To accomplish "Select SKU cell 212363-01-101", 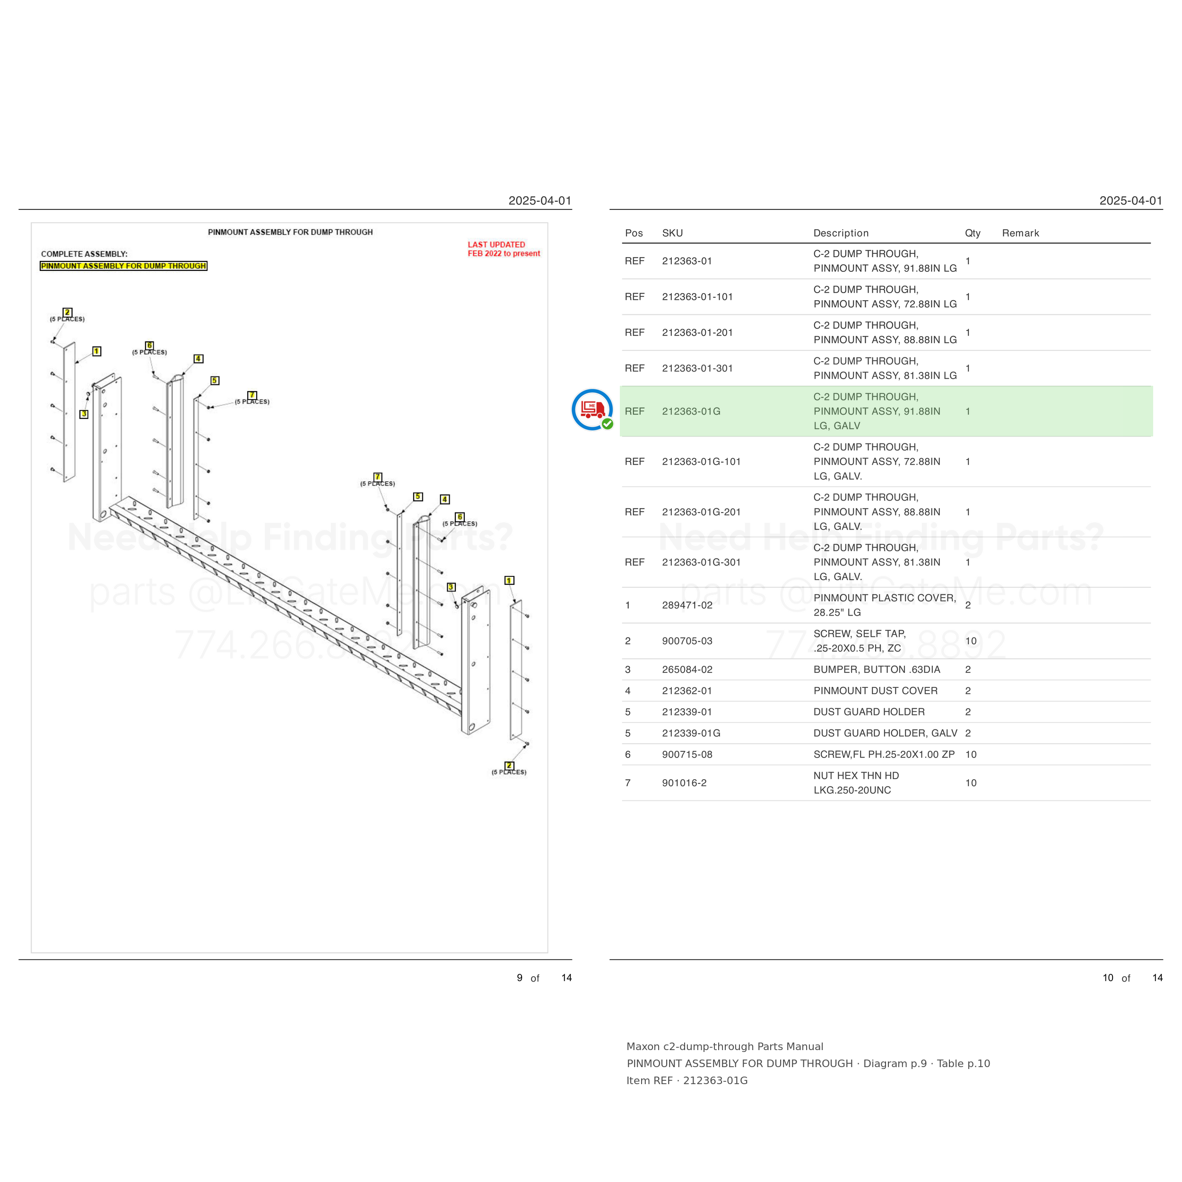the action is (697, 297).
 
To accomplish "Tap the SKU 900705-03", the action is (687, 641).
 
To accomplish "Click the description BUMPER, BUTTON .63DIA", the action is (877, 669).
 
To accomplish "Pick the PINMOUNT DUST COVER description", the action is (876, 691).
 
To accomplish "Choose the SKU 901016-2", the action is (684, 783).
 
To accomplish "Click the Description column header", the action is (841, 233).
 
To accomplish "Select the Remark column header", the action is (1020, 233).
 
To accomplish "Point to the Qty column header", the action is (973, 233).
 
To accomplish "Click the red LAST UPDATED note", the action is (504, 249).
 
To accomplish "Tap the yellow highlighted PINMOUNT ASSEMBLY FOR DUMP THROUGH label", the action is (123, 266).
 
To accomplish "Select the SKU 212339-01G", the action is (691, 733).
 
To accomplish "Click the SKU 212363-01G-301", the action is (701, 562).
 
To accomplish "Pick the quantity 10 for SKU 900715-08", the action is (971, 754).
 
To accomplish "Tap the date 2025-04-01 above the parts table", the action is (1130, 200).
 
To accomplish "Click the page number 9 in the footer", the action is (520, 978).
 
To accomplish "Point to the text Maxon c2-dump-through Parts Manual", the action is (724, 1047).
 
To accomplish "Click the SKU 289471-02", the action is (687, 605).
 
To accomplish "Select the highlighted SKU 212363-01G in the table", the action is (691, 411).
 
